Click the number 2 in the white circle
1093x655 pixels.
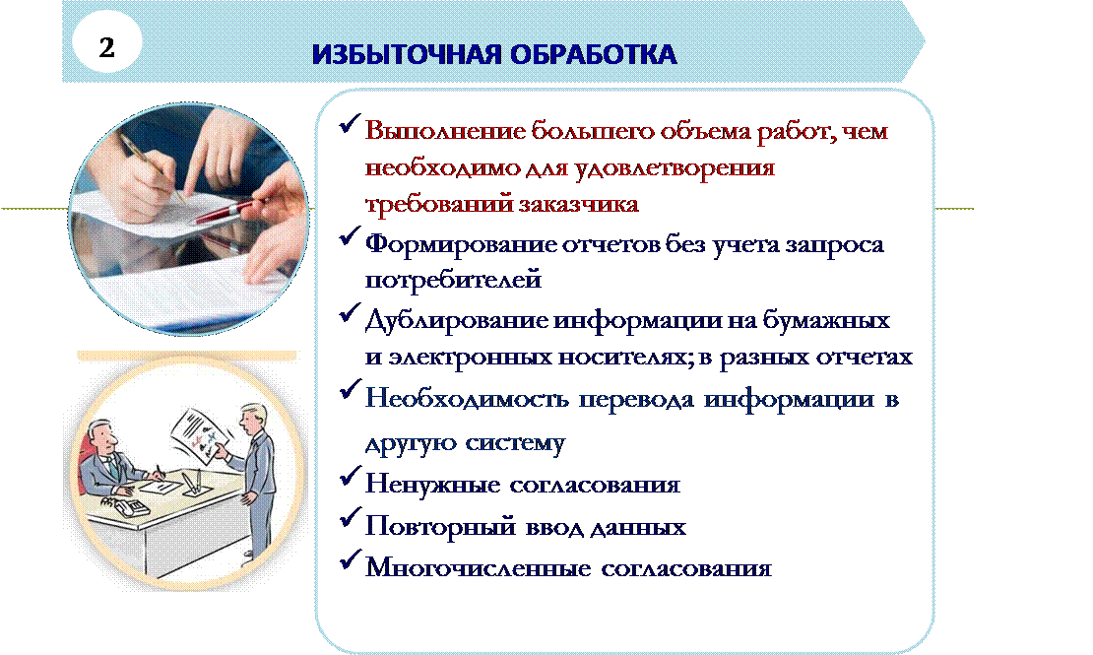106,47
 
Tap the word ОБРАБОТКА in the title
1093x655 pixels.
593,54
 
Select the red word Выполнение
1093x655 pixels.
445,131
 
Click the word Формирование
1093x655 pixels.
460,245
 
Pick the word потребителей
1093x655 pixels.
453,280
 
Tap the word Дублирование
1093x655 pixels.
456,320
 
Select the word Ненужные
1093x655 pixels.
432,484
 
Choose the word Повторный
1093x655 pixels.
440,526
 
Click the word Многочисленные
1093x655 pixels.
479,567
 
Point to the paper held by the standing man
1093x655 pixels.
203,436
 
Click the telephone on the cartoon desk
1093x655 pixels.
126,505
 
